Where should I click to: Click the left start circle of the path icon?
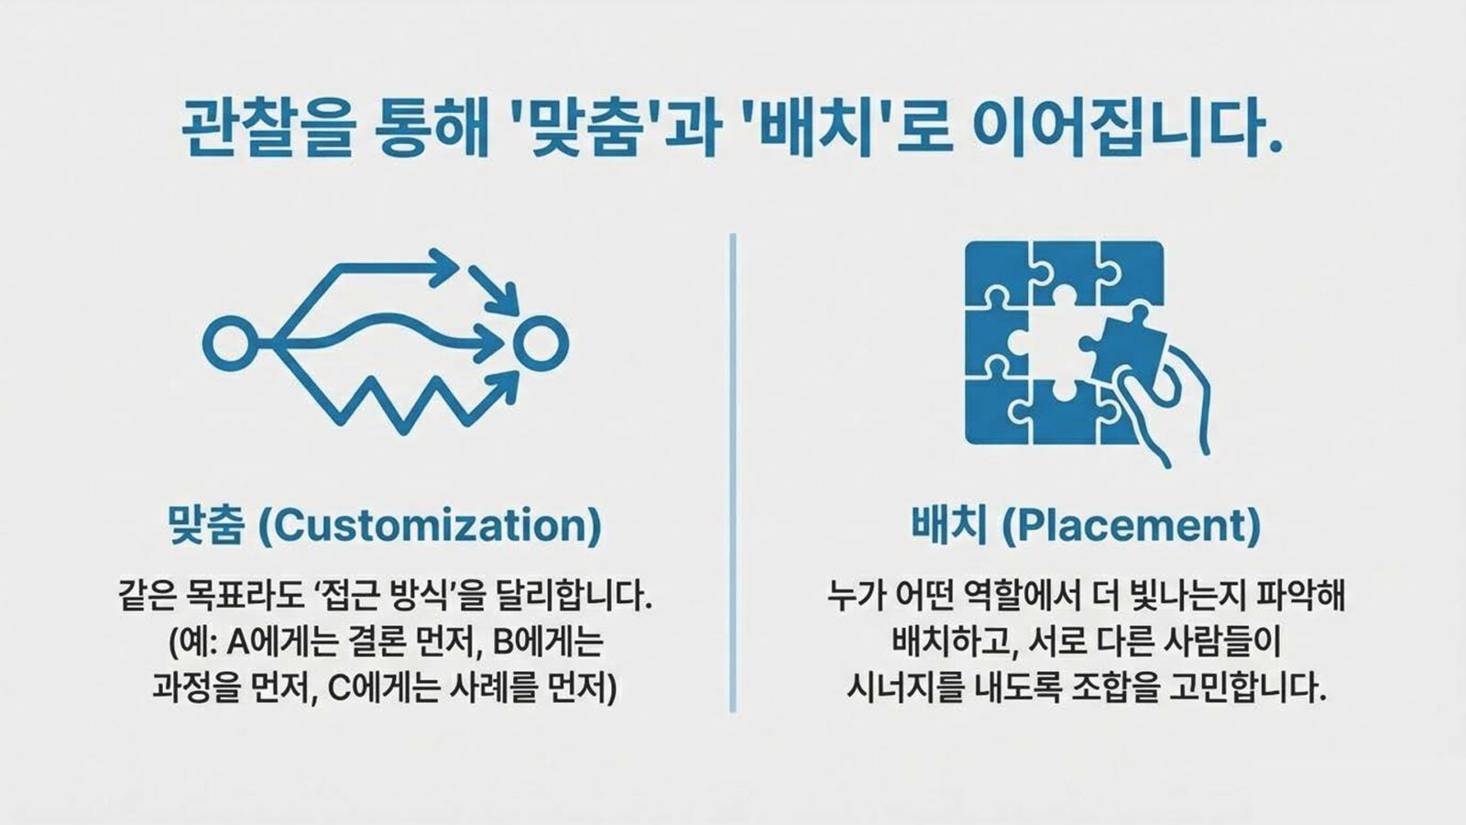[226, 343]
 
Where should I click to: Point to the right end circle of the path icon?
[542, 343]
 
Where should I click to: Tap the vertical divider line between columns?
[732, 472]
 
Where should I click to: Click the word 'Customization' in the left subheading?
[430, 526]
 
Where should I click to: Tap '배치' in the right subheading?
[949, 526]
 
